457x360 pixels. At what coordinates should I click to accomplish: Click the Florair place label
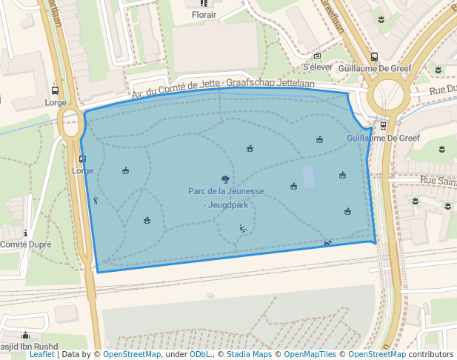[204, 14]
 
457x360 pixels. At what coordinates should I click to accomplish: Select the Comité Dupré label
[24, 244]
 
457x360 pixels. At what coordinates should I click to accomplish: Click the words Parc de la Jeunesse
[226, 191]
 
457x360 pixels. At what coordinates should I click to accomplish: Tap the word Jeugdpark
[228, 205]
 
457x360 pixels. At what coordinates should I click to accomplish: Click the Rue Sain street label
[438, 180]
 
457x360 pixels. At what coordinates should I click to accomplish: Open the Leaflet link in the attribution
[41, 355]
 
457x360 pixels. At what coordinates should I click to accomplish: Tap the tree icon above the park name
[225, 179]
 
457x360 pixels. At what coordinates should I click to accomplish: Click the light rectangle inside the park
[309, 177]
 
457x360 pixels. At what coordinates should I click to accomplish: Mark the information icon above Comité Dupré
[26, 233]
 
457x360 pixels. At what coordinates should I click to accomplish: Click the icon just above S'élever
[317, 56]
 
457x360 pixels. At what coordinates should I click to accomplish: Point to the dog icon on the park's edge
[327, 242]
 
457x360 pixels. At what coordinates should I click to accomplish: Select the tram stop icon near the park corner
[382, 126]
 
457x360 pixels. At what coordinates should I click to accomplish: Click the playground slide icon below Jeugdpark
[243, 229]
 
